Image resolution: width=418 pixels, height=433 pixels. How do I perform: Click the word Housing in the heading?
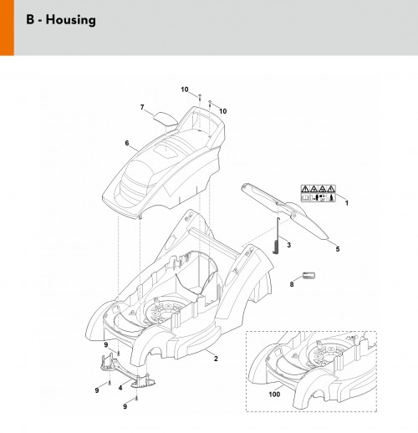[x=71, y=20]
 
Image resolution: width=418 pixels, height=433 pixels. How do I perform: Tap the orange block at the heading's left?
[x=7, y=28]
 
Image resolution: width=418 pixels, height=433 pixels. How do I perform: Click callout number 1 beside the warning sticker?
[x=347, y=203]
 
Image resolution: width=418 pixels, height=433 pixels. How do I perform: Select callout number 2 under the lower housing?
[x=216, y=359]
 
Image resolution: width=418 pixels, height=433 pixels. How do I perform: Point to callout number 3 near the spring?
[x=288, y=245]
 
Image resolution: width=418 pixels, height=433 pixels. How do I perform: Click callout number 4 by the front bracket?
[x=120, y=388]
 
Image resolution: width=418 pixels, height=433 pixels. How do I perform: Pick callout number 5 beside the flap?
[x=338, y=249]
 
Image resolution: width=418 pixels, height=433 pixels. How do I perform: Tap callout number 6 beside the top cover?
[x=127, y=143]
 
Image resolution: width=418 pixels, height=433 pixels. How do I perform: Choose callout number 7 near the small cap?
[x=142, y=107]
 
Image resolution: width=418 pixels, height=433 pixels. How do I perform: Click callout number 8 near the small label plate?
[x=292, y=284]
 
